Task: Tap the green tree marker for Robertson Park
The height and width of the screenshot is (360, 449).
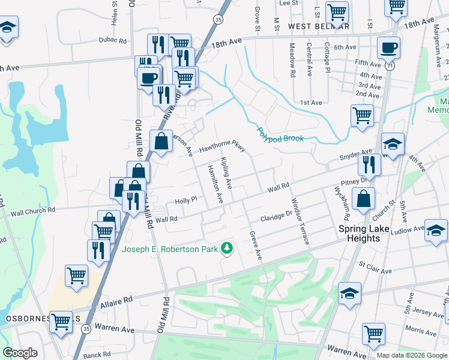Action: coord(227,248)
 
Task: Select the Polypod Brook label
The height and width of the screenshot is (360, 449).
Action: coord(280,134)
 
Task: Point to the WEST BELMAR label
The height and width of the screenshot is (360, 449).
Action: coord(318,26)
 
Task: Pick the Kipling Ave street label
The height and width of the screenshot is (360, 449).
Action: coord(226,172)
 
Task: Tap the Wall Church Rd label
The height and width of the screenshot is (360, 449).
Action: coord(32,211)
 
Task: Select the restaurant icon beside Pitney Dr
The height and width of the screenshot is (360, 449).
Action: coord(369,164)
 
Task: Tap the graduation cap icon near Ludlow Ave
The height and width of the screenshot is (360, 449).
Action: coord(436,229)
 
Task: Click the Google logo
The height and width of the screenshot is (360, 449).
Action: coord(20,353)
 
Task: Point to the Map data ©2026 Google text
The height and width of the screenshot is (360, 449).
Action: coord(412,355)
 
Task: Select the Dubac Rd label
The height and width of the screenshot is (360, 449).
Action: coord(113,41)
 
